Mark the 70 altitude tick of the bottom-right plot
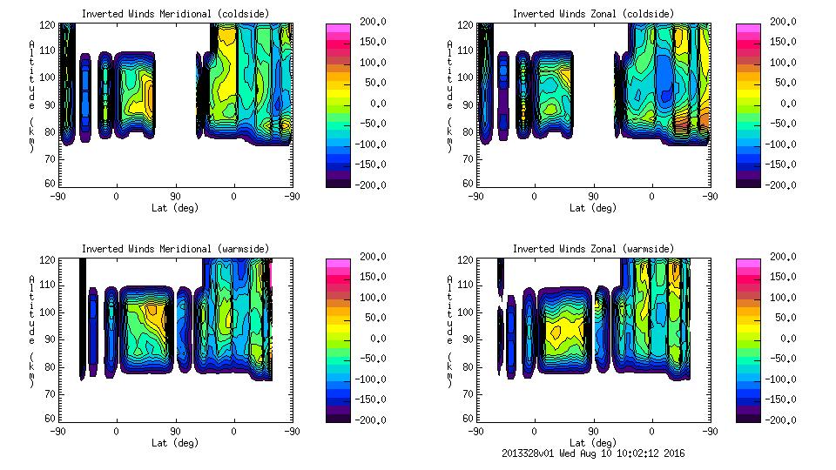pos(468,393)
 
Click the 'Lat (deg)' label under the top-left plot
pos(174,208)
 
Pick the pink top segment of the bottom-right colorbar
pos(746,262)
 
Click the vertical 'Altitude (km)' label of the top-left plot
pos(32,96)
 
